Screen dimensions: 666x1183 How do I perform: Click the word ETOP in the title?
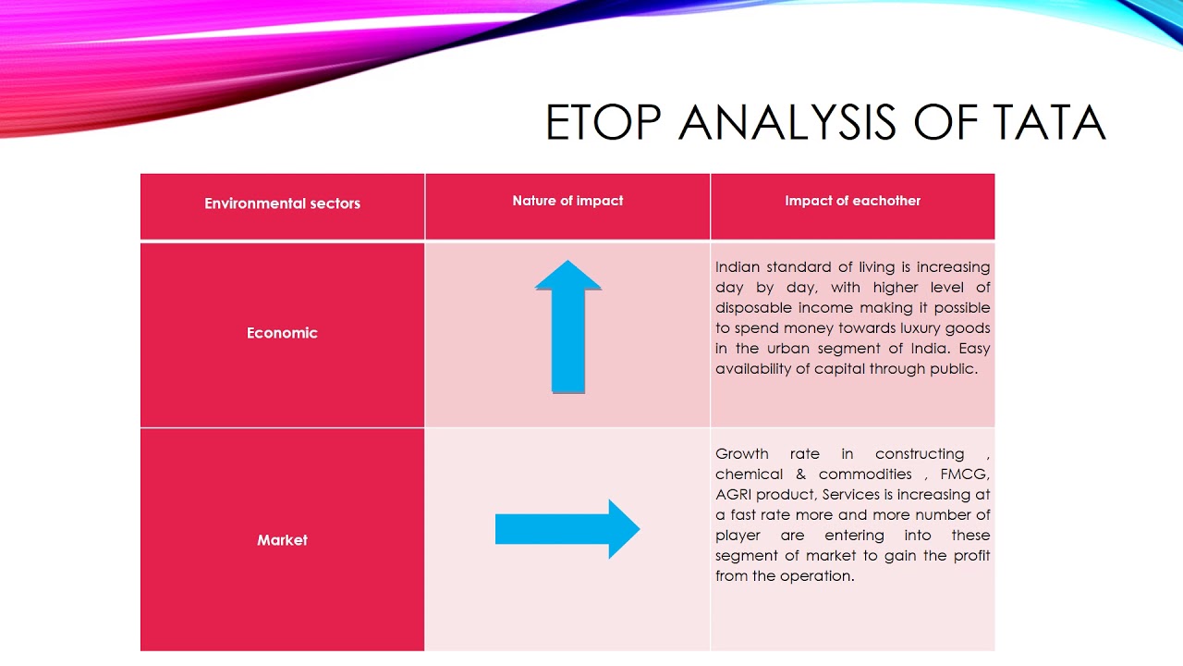[604, 123]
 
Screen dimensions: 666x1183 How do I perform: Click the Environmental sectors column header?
[282, 203]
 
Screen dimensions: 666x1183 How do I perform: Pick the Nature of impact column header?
[567, 201]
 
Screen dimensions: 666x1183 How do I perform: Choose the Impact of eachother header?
[852, 201]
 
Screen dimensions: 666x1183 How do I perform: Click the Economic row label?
[282, 333]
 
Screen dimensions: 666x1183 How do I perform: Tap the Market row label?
[282, 540]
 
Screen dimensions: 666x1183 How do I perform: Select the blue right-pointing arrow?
[567, 529]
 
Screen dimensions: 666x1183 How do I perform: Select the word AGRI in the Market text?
[735, 495]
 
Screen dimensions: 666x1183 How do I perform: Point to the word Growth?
[742, 454]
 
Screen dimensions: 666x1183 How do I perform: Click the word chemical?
[749, 475]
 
